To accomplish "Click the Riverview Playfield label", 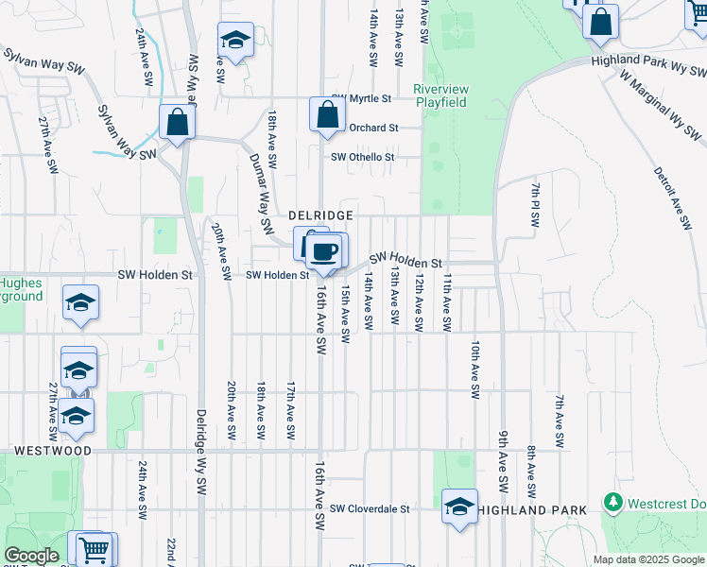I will [x=441, y=95].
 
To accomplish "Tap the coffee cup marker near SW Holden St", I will [x=324, y=251].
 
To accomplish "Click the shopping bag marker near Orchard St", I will [x=326, y=115].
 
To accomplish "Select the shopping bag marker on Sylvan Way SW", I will [x=177, y=122].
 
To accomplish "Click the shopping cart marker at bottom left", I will [x=93, y=549].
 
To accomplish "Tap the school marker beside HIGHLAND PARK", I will [x=459, y=506].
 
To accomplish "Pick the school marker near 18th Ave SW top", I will [x=234, y=41].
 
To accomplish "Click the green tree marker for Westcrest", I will [x=613, y=501].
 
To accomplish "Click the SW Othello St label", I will [x=362, y=158].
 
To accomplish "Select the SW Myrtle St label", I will [x=361, y=98].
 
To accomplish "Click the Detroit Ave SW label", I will [x=671, y=198].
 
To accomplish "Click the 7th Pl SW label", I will [x=535, y=205].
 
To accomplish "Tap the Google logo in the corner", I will [x=31, y=556].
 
